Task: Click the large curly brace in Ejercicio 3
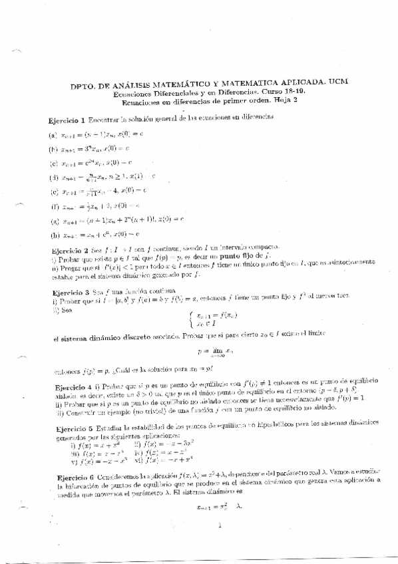click(192, 320)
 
